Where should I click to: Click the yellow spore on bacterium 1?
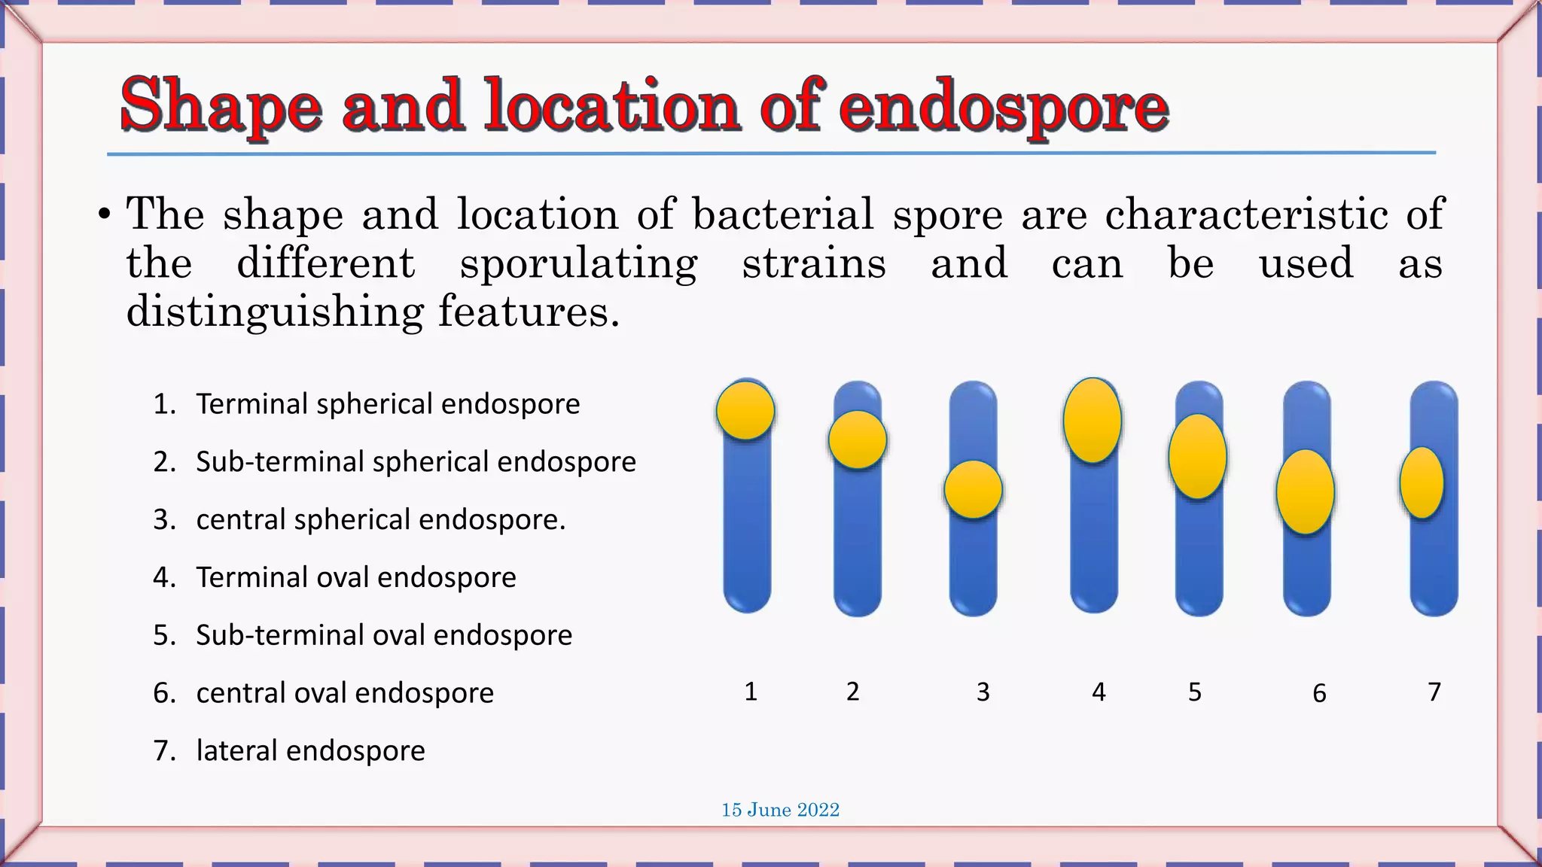pos(745,410)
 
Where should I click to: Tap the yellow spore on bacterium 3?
pos(973,490)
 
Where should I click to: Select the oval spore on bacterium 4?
pos(1093,420)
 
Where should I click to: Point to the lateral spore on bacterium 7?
pos(1422,483)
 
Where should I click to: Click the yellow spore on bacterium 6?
pos(1305,492)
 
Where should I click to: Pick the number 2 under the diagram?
pos(852,692)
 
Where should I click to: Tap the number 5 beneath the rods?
pos(1195,692)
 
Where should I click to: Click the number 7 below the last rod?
pos(1434,692)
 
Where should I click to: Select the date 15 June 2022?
pos(780,810)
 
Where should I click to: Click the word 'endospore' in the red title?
pos(1003,107)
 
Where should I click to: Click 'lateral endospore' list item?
pos(310,750)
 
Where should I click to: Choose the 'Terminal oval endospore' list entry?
pos(355,577)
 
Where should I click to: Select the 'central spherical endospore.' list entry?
pos(380,519)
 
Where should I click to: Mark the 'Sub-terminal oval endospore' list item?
pos(384,635)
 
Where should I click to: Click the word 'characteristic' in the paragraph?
pos(1246,214)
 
